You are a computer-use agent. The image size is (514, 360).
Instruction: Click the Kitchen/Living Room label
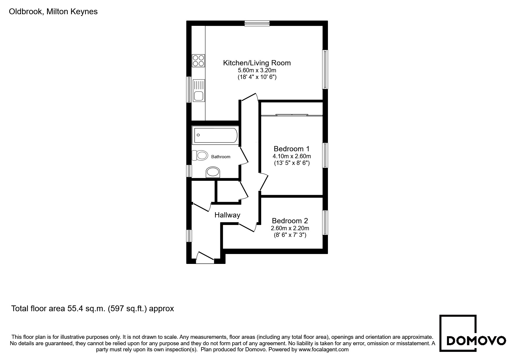coord(257,63)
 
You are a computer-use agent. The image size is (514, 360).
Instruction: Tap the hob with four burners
coord(199,61)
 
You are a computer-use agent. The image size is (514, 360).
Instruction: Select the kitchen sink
coord(199,91)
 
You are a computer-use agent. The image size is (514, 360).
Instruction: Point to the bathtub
coord(215,135)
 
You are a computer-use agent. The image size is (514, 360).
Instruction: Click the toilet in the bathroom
coord(200,155)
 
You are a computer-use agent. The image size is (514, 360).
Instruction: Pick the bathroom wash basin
coord(213,172)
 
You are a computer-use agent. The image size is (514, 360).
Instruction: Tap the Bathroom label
coord(221,157)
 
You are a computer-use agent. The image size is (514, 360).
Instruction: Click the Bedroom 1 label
coord(292,149)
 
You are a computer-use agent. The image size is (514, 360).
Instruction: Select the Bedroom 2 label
coord(290,221)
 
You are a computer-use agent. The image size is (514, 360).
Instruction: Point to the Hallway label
coord(227,215)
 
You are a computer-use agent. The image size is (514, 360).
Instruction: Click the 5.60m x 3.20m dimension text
coord(257,70)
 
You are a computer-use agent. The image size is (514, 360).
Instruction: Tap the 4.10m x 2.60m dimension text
coord(292,156)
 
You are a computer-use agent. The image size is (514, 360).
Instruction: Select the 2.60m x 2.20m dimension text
coord(290,228)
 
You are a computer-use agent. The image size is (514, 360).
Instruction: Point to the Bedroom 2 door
coord(247,227)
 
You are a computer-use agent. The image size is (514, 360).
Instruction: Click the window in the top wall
coord(257,23)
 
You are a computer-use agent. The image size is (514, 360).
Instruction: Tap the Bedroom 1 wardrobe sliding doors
coord(292,115)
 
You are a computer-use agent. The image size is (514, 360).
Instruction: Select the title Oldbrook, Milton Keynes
coord(53,12)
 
